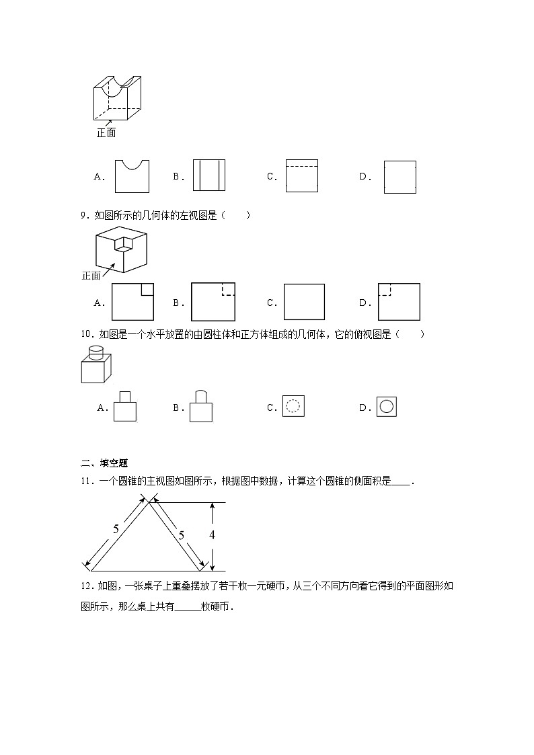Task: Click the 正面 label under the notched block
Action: pyautogui.click(x=106, y=133)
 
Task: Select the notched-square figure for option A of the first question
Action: pyautogui.click(x=132, y=176)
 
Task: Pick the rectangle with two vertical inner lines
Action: pyautogui.click(x=209, y=176)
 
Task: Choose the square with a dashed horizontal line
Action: pyautogui.click(x=301, y=176)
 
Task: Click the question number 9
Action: pyautogui.click(x=83, y=215)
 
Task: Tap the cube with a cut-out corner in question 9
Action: pyautogui.click(x=120, y=249)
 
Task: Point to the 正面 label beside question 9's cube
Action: pyautogui.click(x=91, y=275)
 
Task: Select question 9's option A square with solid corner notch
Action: pyautogui.click(x=132, y=302)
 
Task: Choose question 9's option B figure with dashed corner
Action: pyautogui.click(x=213, y=302)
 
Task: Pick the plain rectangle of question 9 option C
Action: pyautogui.click(x=304, y=302)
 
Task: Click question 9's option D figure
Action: pyautogui.click(x=399, y=302)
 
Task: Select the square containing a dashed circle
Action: pyautogui.click(x=293, y=406)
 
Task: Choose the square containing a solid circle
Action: pyautogui.click(x=387, y=406)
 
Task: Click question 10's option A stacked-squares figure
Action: pyautogui.click(x=125, y=407)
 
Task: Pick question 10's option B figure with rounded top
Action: pyautogui.click(x=200, y=406)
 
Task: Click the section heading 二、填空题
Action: pyautogui.click(x=105, y=463)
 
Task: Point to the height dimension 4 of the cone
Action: pyautogui.click(x=212, y=535)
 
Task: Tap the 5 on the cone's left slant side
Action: pyautogui.click(x=116, y=529)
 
